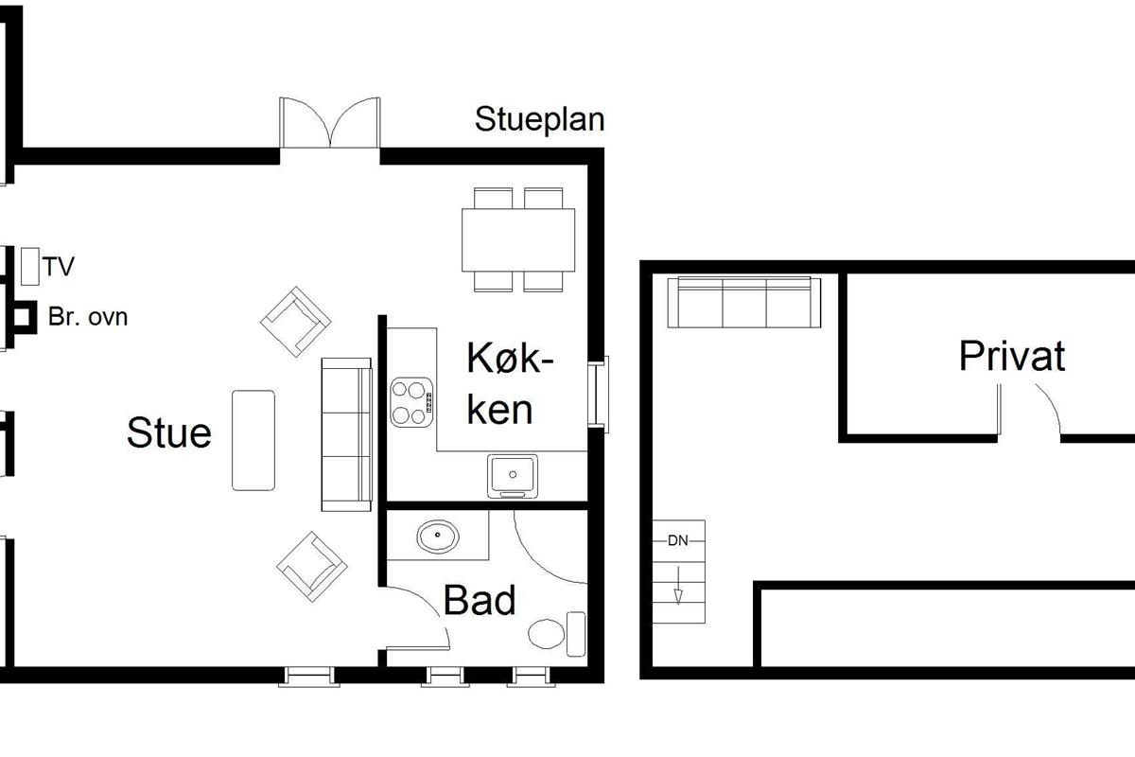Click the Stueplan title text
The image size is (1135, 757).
540,120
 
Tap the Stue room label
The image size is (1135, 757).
168,433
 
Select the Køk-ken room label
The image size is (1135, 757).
509,384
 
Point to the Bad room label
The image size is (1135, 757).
480,600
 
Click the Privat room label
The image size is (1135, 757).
1012,356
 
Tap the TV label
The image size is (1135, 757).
59,266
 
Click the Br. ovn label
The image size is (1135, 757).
88,317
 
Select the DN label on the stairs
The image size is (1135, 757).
678,540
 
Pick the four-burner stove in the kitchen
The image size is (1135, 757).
411,402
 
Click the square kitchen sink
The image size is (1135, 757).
513,476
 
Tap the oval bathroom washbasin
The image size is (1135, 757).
438,536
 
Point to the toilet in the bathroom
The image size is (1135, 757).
556,633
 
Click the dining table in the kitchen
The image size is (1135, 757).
518,239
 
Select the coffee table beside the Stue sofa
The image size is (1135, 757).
253,440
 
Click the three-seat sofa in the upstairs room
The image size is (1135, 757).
743,302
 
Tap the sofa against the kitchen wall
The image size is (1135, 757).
346,434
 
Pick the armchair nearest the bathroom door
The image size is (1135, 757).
312,567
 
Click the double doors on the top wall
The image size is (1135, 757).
330,123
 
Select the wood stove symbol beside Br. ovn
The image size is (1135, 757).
23,317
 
